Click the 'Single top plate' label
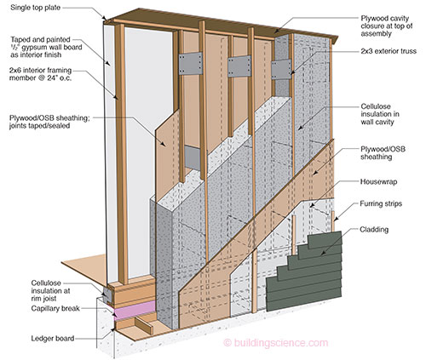click(36, 8)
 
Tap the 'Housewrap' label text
click(378, 181)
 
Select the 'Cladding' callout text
click(374, 229)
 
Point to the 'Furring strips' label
click(381, 203)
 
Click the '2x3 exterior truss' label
click(389, 51)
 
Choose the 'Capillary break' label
click(55, 309)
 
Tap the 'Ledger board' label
click(53, 338)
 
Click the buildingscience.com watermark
click(276, 343)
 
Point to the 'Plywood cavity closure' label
click(387, 26)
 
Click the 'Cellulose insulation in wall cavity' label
click(380, 114)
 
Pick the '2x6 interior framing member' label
click(40, 74)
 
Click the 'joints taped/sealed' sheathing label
click(39, 126)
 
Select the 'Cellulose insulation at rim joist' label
click(50, 291)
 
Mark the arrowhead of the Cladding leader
click(322, 254)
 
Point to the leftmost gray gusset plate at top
click(191, 64)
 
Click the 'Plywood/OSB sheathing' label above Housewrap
click(383, 153)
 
